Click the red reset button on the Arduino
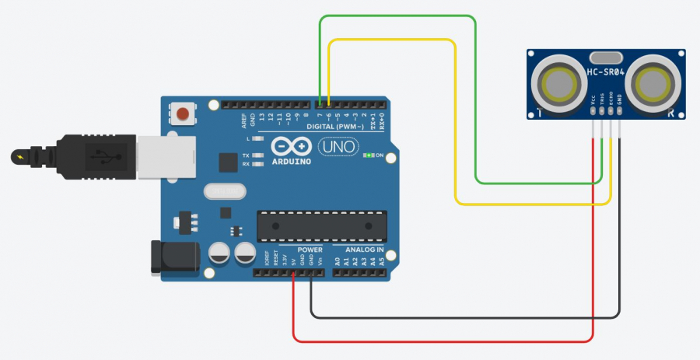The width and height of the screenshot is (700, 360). tap(183, 114)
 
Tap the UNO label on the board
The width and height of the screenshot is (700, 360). tap(338, 145)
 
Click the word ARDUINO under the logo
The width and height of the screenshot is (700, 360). tap(292, 162)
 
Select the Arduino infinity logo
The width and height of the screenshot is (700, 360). tap(292, 147)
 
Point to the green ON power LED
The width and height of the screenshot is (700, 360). tap(367, 156)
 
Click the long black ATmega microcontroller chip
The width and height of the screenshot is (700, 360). tap(321, 225)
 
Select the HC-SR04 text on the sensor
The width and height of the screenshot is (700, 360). tap(605, 72)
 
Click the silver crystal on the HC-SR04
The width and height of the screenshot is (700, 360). tap(606, 56)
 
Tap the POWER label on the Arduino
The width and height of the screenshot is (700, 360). tap(310, 250)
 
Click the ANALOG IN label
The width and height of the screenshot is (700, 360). tap(359, 250)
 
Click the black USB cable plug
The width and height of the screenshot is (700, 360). tap(86, 156)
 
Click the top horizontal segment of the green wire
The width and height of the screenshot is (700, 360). tap(397, 16)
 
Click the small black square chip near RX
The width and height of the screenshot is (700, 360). tap(228, 162)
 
